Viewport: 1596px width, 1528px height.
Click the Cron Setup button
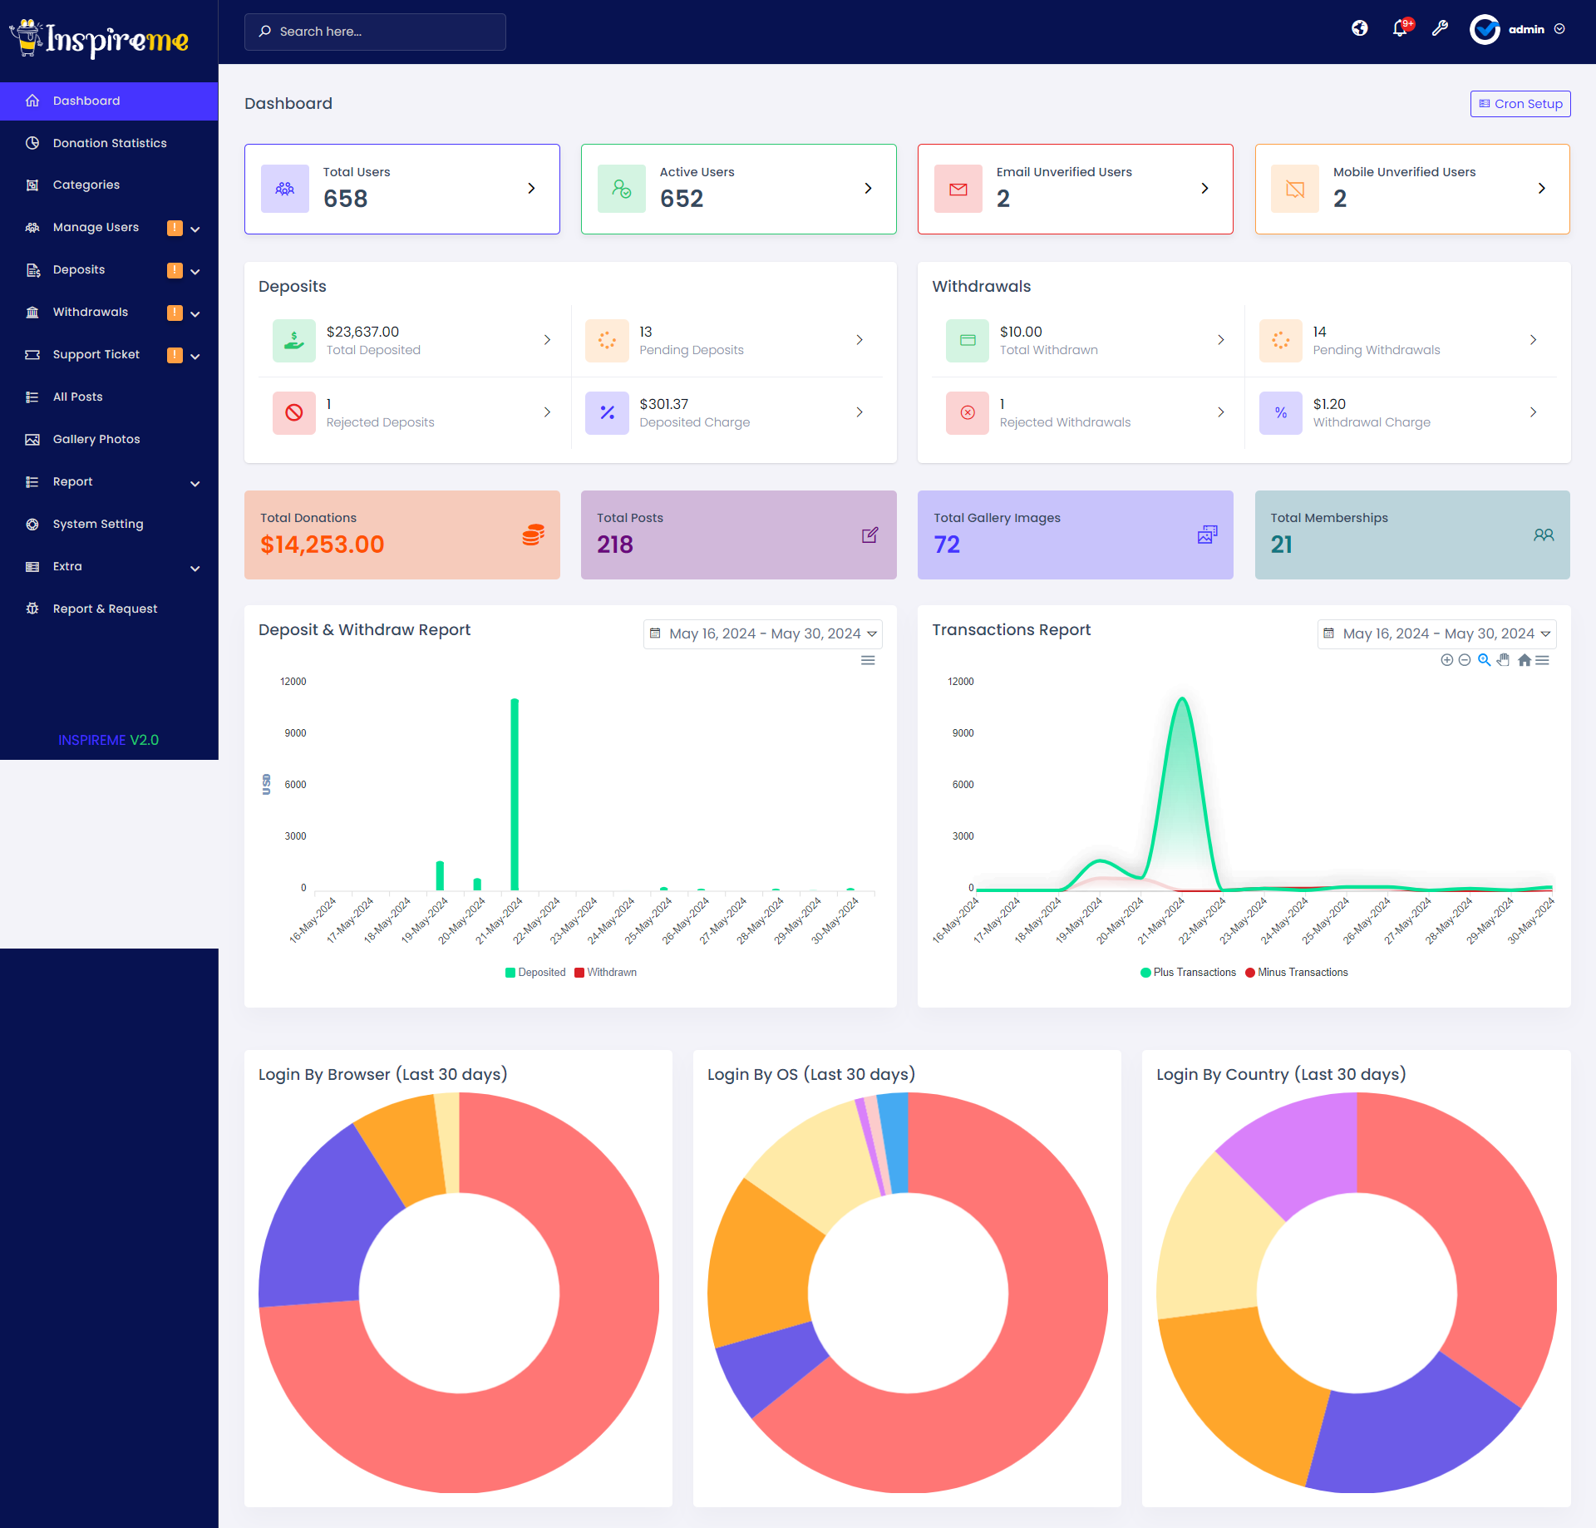(1520, 104)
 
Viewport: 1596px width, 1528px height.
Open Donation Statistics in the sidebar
(109, 143)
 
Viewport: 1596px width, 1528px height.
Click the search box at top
(374, 32)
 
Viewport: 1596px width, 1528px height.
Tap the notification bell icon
(1400, 29)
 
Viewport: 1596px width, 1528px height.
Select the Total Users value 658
(345, 199)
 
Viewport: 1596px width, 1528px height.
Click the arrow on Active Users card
(868, 189)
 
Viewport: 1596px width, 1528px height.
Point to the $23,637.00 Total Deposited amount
(362, 332)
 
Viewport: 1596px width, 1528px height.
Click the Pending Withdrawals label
(1376, 350)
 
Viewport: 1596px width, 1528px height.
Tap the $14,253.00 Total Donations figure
(322, 545)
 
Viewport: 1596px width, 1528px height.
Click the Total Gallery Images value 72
(946, 545)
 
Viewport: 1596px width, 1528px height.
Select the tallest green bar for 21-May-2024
(515, 794)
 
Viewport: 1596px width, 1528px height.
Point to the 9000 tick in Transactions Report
(963, 733)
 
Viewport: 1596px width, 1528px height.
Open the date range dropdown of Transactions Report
(1436, 634)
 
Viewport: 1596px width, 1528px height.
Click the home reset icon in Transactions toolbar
(1524, 660)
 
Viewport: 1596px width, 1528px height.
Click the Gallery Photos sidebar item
(96, 439)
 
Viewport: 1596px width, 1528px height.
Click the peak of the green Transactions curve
(1181, 699)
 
